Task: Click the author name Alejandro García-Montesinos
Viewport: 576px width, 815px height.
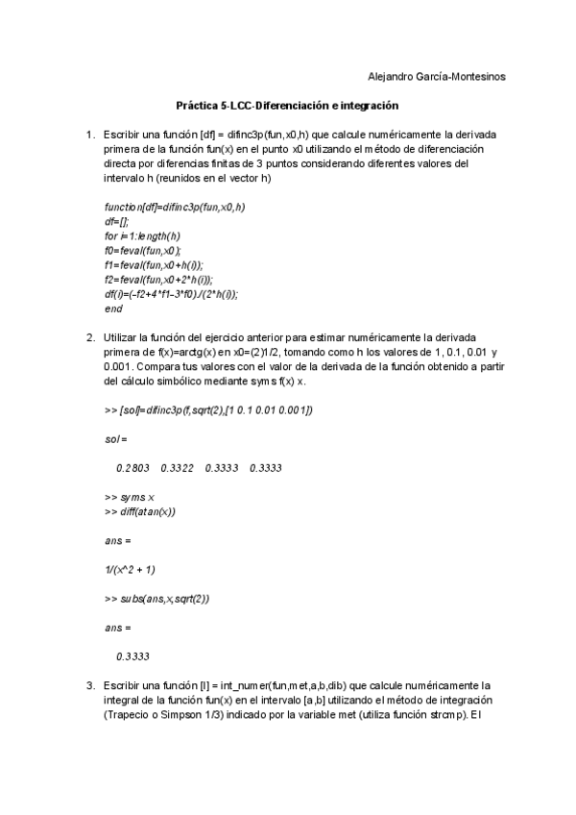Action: [438, 76]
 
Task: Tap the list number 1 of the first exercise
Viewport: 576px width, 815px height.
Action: [89, 135]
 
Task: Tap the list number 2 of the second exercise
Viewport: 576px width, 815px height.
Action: [89, 337]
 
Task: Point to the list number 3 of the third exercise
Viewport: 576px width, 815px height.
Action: [89, 685]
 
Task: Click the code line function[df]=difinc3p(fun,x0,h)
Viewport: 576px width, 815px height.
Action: [174, 208]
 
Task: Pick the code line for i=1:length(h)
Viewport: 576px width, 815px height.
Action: [142, 236]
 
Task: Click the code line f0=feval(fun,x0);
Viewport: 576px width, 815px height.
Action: [142, 251]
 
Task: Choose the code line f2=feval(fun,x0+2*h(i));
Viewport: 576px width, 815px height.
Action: [157, 280]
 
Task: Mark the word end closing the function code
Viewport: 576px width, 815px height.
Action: [113, 309]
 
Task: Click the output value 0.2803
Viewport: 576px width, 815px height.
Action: [132, 468]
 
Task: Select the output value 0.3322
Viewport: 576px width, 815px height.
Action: [178, 468]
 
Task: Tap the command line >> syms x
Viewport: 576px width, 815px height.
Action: [129, 497]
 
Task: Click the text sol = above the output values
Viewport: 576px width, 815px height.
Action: [116, 439]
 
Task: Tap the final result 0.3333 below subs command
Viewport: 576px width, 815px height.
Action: [132, 657]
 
